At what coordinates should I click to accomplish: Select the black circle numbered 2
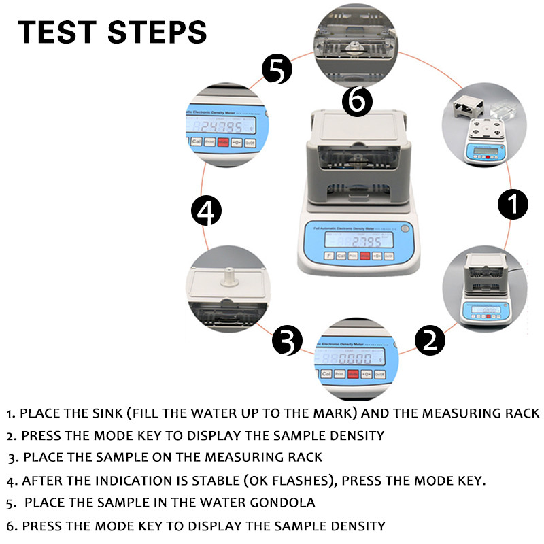click(x=429, y=339)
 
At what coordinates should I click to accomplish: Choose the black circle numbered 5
click(x=277, y=69)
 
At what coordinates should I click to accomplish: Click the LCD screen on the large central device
click(x=358, y=239)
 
